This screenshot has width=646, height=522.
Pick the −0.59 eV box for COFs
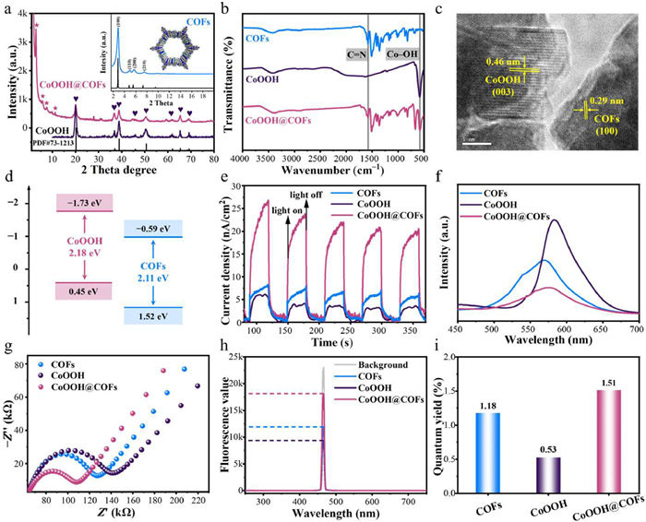click(x=158, y=237)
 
